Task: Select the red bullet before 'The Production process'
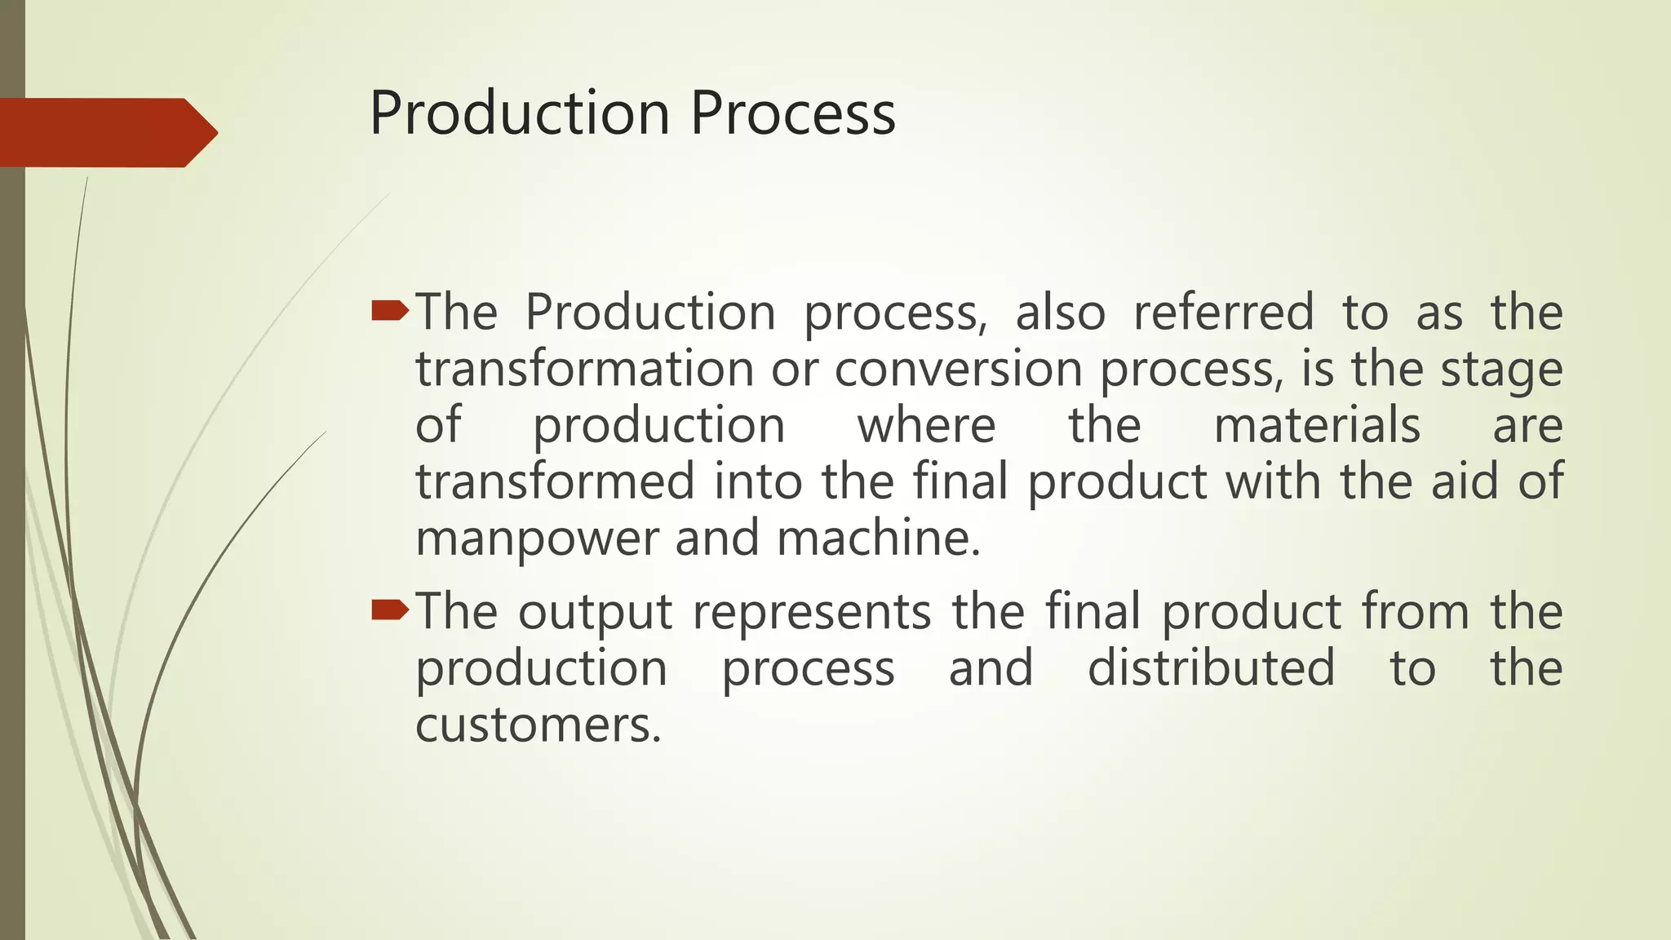(390, 310)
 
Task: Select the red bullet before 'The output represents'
(390, 610)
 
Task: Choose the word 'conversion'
(958, 369)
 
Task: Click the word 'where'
(926, 425)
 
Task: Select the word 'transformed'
(555, 481)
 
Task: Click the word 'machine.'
(878, 538)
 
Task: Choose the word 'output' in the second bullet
(595, 613)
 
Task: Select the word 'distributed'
(1211, 668)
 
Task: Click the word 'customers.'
(538, 725)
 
